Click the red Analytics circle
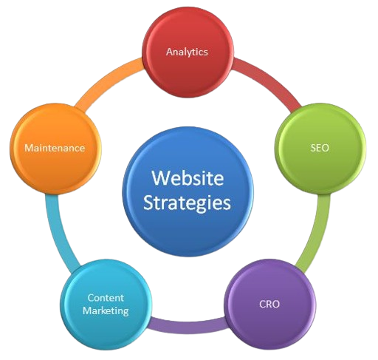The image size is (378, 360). point(188,52)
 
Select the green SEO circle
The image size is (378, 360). point(320,149)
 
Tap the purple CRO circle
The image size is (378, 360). point(270,304)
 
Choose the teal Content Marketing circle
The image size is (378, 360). point(106,305)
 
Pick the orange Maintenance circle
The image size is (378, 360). point(55,149)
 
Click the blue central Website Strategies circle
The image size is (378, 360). point(188,191)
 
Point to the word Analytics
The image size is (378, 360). point(187,52)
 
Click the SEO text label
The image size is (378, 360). point(320,148)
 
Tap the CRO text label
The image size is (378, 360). point(269,304)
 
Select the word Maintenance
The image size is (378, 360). point(55,148)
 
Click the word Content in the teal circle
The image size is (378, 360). point(106,298)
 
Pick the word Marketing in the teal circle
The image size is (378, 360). point(106,310)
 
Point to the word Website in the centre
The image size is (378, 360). point(188,177)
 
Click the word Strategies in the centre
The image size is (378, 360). point(187,203)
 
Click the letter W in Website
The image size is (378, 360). point(159,177)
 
